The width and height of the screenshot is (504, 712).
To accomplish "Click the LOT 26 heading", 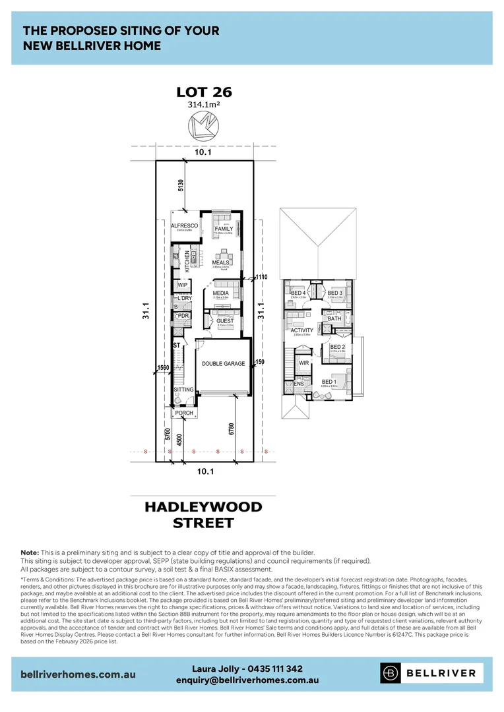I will pyautogui.click(x=204, y=92).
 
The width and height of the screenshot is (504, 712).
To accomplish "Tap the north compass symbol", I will pyautogui.click(x=204, y=124).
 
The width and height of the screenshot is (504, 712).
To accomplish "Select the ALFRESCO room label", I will pyautogui.click(x=185, y=226).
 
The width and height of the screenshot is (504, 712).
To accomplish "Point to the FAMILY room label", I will pyautogui.click(x=224, y=229).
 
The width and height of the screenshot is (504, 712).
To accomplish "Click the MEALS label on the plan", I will pyautogui.click(x=220, y=262).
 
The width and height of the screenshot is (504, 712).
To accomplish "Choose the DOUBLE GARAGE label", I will pyautogui.click(x=223, y=363).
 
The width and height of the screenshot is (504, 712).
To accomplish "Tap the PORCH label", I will pyautogui.click(x=184, y=413).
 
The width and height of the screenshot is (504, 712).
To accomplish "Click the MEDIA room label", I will pyautogui.click(x=220, y=293).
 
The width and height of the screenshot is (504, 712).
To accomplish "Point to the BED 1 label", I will pyautogui.click(x=329, y=382).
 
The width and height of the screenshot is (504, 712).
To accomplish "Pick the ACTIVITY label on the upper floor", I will pyautogui.click(x=301, y=330).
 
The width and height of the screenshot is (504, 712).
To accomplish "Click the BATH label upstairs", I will pyautogui.click(x=334, y=318).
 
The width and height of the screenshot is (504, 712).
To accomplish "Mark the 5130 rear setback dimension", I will pyautogui.click(x=180, y=185).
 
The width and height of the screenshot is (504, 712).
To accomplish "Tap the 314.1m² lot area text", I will pyautogui.click(x=204, y=105).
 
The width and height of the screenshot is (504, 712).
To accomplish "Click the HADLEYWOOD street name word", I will pyautogui.click(x=203, y=507).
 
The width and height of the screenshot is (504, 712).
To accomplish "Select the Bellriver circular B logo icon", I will pyautogui.click(x=391, y=673).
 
